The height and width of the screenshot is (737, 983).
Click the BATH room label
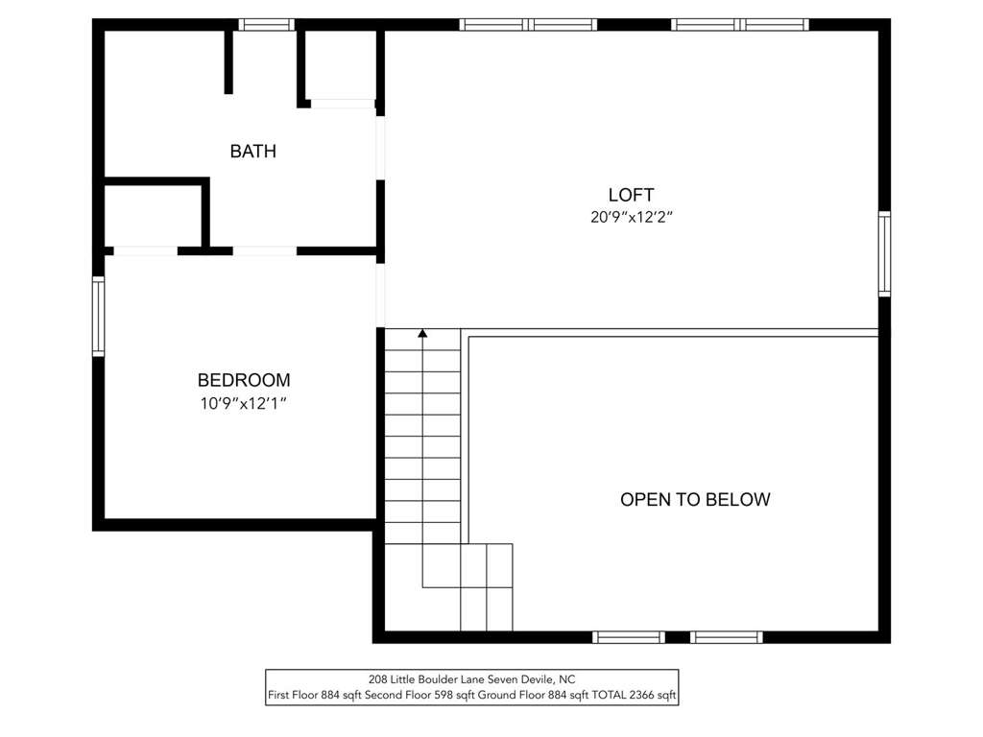click(x=253, y=151)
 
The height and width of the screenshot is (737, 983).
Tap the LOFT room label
click(x=632, y=194)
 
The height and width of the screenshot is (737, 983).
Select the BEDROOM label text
click(x=244, y=380)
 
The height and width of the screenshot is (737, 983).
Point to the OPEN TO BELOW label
click(x=695, y=499)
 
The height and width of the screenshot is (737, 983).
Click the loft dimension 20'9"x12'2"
click(x=632, y=217)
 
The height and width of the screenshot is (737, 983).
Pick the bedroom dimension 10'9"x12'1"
click(x=243, y=403)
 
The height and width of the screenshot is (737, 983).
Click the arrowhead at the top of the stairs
click(x=422, y=333)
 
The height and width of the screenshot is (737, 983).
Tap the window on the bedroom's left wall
click(x=99, y=317)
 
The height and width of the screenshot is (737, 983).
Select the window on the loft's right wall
click(x=884, y=253)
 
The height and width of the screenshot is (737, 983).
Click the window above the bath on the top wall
click(x=267, y=24)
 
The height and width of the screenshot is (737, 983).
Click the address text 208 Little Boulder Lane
click(x=427, y=678)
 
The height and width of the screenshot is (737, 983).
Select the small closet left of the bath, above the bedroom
click(x=153, y=215)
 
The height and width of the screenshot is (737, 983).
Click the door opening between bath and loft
click(x=380, y=148)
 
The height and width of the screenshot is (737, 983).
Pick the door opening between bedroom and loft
click(x=380, y=296)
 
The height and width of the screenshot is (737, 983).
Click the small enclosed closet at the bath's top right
click(x=340, y=64)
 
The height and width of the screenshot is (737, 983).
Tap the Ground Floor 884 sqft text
click(x=521, y=695)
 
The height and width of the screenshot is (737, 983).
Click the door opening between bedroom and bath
click(x=265, y=250)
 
